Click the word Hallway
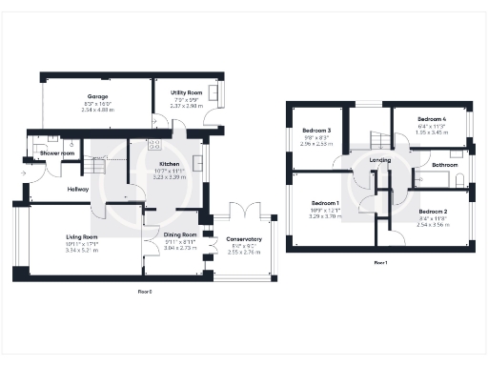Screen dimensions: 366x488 pos(78,189)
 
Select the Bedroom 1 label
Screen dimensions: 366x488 pos(325,203)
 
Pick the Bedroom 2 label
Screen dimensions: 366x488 pos(433,211)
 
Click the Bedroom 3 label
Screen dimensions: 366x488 pos(316,130)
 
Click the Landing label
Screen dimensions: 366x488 pos(379,160)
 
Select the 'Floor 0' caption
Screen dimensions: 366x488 pos(145,292)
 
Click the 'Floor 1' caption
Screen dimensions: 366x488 pos(380,261)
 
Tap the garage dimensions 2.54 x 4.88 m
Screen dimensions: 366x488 pos(98,111)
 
